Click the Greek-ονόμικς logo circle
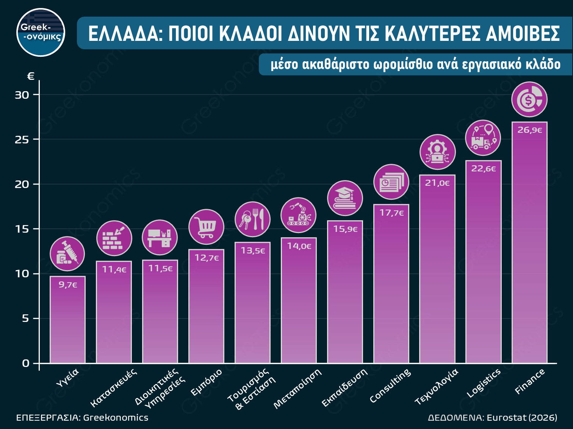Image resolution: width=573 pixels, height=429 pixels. pos(41,33)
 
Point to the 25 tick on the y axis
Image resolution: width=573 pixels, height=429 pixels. pos(22,140)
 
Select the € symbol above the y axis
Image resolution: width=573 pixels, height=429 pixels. pos(31,76)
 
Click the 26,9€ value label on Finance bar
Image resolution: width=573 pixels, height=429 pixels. pos(529,130)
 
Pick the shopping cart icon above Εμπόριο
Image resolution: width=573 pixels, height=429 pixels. pos(206,227)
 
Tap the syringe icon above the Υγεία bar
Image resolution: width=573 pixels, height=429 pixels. pos(67,254)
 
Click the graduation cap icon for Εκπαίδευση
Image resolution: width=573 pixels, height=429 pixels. pos(345,198)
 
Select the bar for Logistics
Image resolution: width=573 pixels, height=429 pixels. pos(483,265)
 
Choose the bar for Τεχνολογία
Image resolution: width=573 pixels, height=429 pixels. pos(437,272)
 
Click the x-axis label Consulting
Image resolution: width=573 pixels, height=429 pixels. pos(390,385)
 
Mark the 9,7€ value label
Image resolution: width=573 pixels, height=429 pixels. pos(68,285)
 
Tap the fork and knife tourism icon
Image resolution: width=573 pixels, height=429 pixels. pos(252,219)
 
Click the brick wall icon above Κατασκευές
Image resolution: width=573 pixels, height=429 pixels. pos(114,238)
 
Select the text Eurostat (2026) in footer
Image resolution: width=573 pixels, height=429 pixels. pos(522,418)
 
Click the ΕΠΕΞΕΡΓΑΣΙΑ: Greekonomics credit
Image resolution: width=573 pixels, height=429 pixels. pos(82,418)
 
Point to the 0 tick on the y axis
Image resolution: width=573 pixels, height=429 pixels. pos(25,364)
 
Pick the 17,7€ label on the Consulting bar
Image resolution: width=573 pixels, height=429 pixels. pos(391,213)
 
